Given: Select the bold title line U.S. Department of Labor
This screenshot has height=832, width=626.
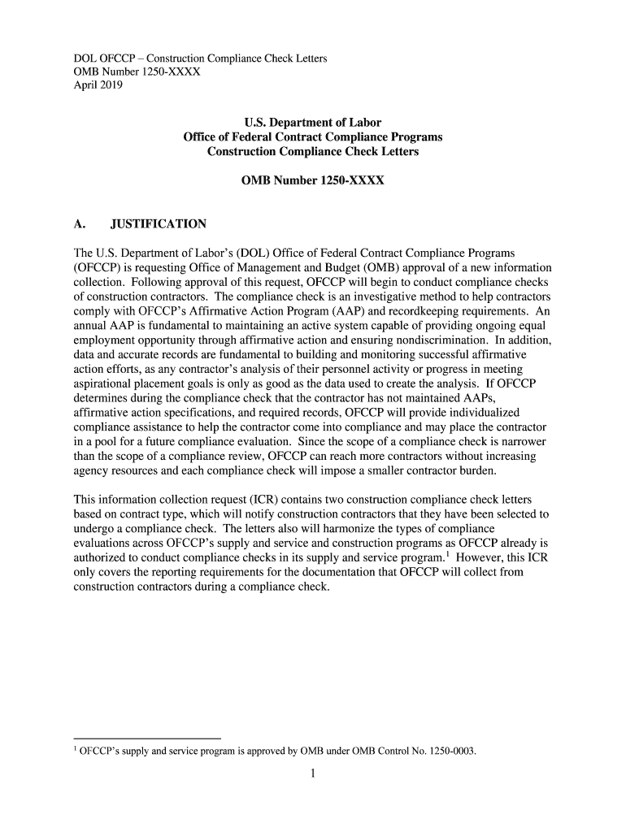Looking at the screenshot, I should (x=313, y=123).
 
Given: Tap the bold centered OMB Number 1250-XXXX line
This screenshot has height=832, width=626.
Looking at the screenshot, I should (x=313, y=181).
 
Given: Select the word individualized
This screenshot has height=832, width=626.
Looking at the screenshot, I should (x=485, y=414).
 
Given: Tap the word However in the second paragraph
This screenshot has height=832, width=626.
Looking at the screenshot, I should (x=479, y=558).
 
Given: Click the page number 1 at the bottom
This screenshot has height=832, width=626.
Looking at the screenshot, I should (x=313, y=773).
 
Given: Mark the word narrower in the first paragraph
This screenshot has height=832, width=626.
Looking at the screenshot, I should (x=528, y=443).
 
